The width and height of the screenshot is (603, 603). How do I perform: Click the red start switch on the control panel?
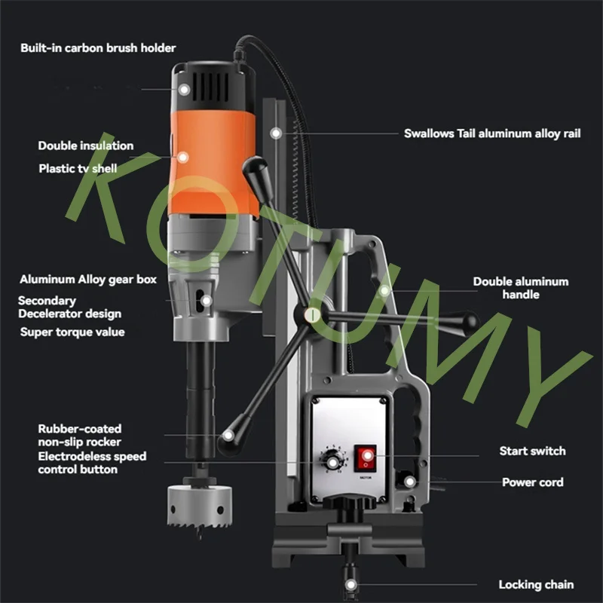[365, 458]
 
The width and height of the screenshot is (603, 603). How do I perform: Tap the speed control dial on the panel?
[332, 462]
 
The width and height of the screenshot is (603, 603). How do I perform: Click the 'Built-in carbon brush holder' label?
[98, 48]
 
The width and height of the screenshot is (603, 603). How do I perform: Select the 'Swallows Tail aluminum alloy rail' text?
[492, 133]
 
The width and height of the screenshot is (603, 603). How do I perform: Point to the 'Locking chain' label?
[536, 585]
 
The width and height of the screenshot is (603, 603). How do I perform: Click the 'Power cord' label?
[533, 482]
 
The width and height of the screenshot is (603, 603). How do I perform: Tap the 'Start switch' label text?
[533, 451]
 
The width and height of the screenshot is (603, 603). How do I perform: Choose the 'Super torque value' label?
[72, 332]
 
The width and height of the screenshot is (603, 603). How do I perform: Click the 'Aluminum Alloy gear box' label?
[88, 279]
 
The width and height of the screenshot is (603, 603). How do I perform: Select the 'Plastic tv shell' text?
[78, 168]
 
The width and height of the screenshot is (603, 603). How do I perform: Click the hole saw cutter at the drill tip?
[200, 506]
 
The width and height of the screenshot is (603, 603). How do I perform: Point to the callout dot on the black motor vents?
[184, 90]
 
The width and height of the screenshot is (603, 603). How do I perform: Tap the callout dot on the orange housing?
[182, 157]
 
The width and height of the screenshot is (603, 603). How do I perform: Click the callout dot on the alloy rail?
[276, 133]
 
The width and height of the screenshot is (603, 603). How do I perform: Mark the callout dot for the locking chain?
[350, 585]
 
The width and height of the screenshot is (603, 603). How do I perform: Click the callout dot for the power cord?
[409, 482]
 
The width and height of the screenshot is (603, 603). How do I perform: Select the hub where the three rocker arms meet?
[312, 315]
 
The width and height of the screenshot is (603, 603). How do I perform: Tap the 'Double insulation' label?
[86, 145]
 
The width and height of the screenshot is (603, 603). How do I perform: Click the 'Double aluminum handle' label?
[521, 288]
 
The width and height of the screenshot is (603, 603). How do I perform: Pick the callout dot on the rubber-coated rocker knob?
[228, 436]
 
